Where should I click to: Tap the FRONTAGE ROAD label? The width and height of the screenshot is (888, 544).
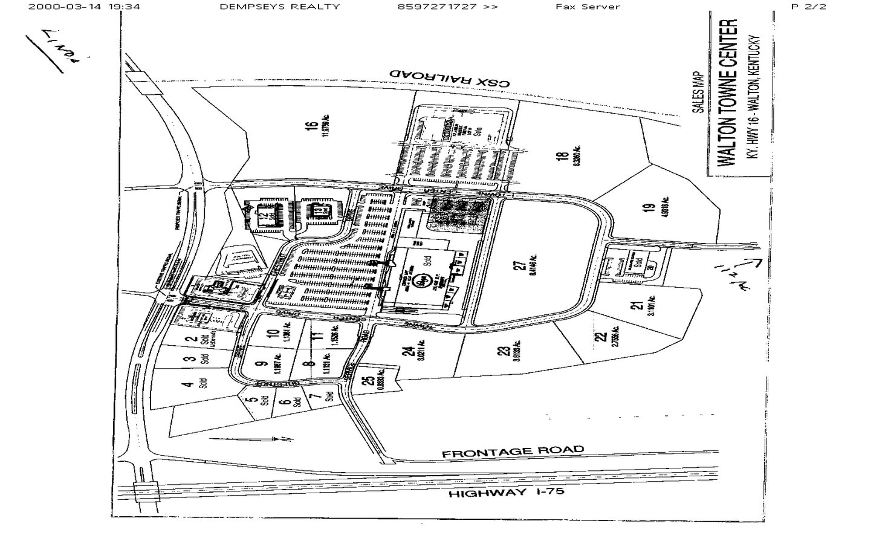tap(513, 451)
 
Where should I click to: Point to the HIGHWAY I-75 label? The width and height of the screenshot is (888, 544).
tap(507, 493)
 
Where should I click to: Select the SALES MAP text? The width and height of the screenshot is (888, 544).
tap(698, 92)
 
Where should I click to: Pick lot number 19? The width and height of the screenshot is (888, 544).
tap(650, 207)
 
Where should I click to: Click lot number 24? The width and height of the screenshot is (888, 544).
tap(409, 351)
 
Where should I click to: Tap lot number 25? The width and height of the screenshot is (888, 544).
tap(368, 381)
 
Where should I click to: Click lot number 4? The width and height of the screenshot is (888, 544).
tap(189, 384)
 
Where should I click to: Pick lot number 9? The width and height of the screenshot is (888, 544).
tap(262, 364)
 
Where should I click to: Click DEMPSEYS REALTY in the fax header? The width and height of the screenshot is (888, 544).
tap(279, 7)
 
